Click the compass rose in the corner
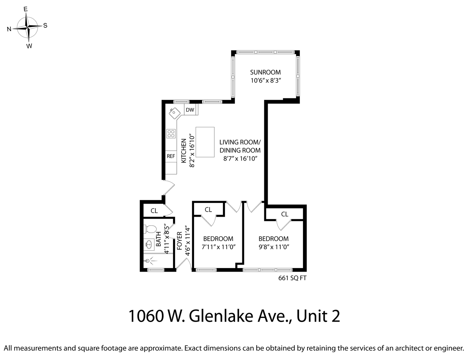pos(28,27)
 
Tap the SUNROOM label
pos(265,72)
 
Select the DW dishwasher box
pos(190,110)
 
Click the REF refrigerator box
pos(171,156)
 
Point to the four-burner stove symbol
pos(171,133)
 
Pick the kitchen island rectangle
pos(205,142)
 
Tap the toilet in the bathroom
pos(150,229)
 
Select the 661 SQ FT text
pos(292,278)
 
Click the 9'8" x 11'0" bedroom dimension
pos(273,247)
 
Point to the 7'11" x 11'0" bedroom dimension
pos(218,247)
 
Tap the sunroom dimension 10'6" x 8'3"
pos(265,80)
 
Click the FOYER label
pos(179,241)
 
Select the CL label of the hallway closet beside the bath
pos(154,211)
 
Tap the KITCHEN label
pos(184,151)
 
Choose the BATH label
pos(159,239)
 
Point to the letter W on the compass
pos(29,46)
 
